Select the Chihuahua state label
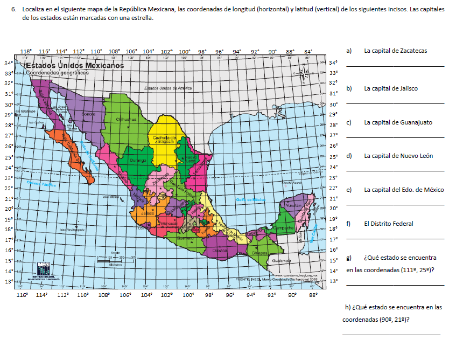(x=127, y=119)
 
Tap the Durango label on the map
(x=138, y=160)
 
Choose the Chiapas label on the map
(x=259, y=253)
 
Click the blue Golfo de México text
(x=251, y=199)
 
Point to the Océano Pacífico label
(x=41, y=184)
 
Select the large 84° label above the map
(x=308, y=52)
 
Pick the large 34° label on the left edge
(x=8, y=63)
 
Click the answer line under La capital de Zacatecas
(x=395, y=66)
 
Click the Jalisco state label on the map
(x=148, y=213)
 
